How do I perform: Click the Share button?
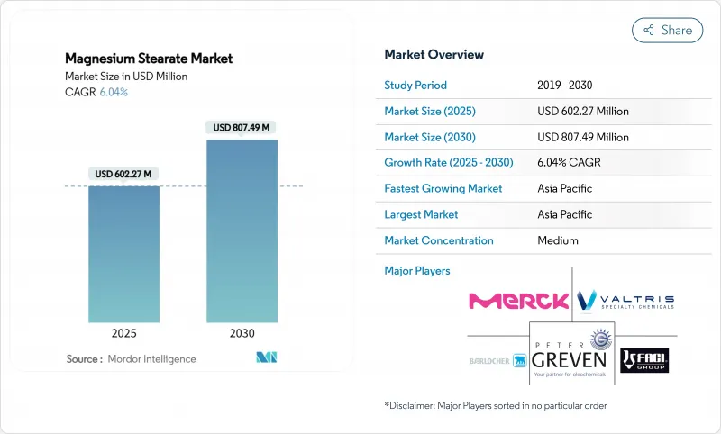(x=666, y=30)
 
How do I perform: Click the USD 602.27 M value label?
(x=123, y=174)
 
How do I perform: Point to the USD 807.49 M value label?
(x=241, y=127)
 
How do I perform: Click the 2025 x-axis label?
(x=123, y=332)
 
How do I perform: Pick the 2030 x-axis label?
(x=241, y=332)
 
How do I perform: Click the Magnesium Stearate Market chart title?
(x=149, y=59)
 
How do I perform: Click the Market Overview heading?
(x=434, y=54)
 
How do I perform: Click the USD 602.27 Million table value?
(x=582, y=112)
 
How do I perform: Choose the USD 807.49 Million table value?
(x=582, y=137)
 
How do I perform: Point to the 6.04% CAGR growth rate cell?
(x=569, y=163)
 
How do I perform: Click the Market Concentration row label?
(x=439, y=240)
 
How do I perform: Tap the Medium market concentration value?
(x=557, y=240)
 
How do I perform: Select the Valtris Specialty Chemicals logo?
(x=625, y=300)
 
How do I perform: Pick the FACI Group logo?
(x=646, y=360)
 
